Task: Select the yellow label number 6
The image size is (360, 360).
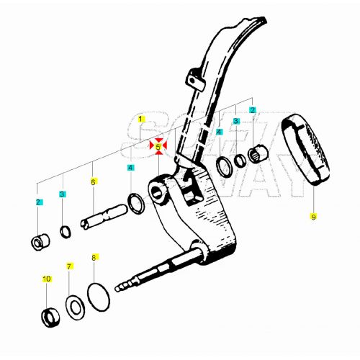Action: click(x=93, y=182)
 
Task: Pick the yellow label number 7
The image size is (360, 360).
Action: click(x=70, y=266)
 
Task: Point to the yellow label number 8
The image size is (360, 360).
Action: click(x=93, y=257)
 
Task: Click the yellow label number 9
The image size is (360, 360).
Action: click(x=313, y=215)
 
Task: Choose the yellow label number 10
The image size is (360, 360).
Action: click(x=47, y=279)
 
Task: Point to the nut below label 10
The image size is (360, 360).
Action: click(x=48, y=315)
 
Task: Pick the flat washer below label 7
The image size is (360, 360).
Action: click(x=73, y=305)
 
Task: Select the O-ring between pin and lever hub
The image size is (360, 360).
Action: click(x=135, y=203)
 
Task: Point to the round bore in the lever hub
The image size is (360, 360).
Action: click(x=158, y=192)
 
